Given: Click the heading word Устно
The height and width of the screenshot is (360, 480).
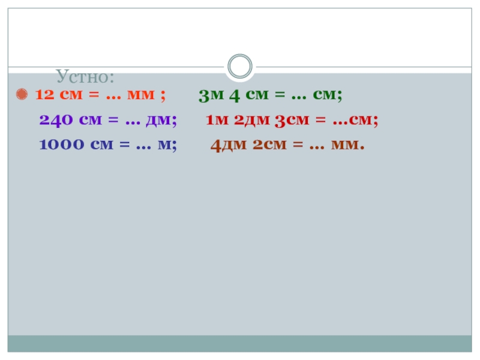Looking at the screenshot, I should coord(86,77).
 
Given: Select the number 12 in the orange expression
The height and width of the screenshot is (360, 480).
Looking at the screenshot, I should coord(44,95).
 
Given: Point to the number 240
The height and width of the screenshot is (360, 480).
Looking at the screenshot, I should coord(55,120).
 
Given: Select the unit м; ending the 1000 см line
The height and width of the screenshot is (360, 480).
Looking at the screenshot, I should coord(167,145).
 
